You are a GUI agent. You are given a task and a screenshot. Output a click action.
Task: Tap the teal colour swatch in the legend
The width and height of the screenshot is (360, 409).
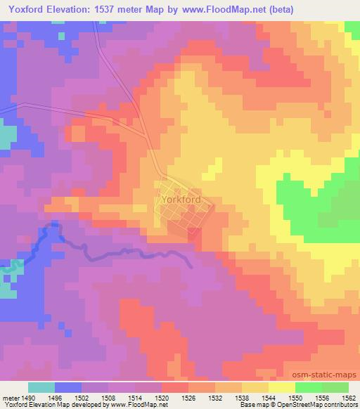pos(41,387)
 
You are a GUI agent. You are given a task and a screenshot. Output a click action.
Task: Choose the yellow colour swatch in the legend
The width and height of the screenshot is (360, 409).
pos(281,387)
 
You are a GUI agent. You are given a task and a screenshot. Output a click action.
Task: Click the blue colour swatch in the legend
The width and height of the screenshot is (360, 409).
pos(67,387)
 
